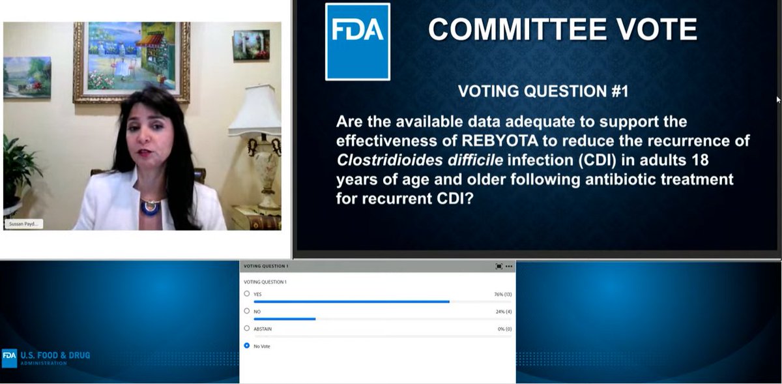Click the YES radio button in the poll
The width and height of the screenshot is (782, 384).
(x=247, y=294)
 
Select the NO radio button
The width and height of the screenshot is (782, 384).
(x=247, y=312)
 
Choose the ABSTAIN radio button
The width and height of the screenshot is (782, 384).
(x=247, y=329)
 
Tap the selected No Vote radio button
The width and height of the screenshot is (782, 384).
(x=247, y=346)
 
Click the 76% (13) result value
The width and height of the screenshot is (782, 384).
(x=502, y=295)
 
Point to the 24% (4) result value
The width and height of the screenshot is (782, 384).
(x=504, y=312)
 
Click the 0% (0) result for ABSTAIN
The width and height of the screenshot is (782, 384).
(x=504, y=329)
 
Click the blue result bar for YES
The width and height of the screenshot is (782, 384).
(x=351, y=302)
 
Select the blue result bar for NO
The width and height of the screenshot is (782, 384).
(x=284, y=319)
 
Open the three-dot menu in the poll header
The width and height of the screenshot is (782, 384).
(x=509, y=266)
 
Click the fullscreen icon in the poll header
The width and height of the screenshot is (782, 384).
(x=499, y=266)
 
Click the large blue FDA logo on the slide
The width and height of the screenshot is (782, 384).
(x=357, y=42)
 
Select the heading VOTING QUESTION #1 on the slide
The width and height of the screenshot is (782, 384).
(x=543, y=91)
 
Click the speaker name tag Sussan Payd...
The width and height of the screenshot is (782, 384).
(x=23, y=224)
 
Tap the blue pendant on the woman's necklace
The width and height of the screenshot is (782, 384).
(x=150, y=207)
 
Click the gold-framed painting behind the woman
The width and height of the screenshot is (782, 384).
(x=131, y=60)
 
